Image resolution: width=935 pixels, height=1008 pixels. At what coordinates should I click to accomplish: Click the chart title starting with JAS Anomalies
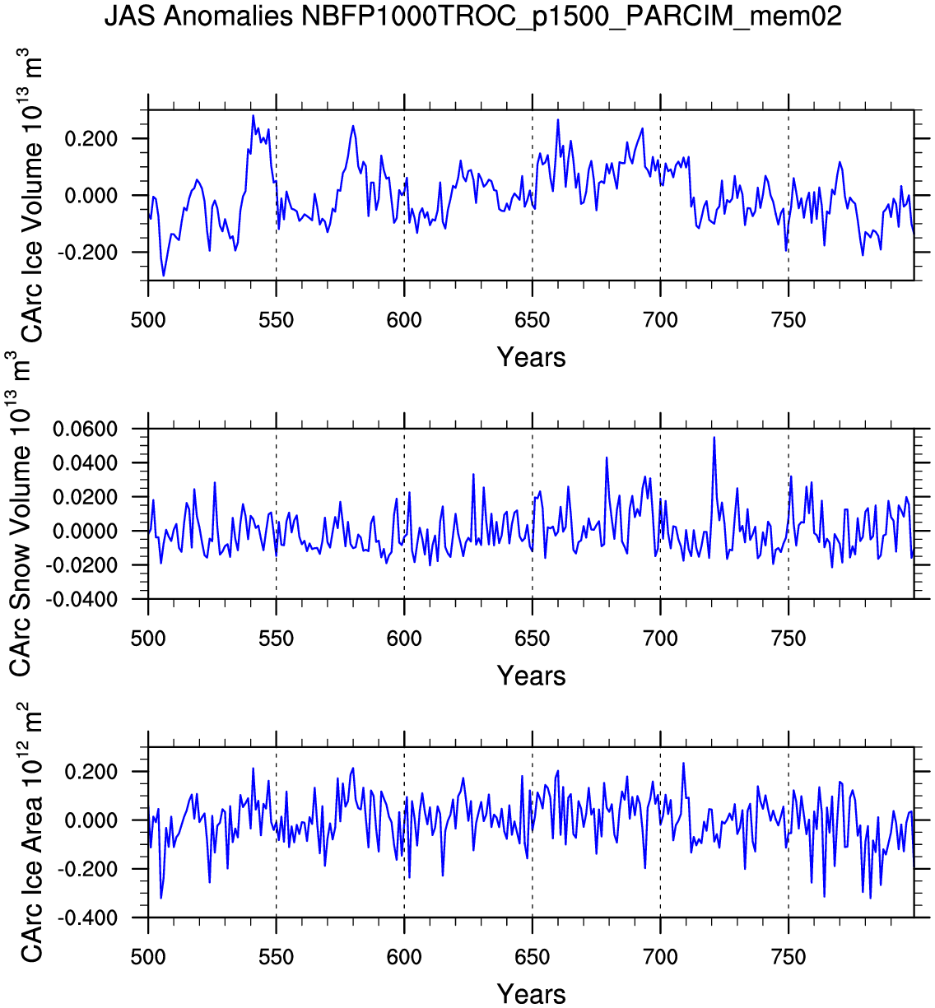(x=473, y=16)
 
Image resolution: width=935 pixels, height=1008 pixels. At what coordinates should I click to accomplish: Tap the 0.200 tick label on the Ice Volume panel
(x=92, y=139)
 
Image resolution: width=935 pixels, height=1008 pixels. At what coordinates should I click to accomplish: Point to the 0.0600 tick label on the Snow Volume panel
(x=86, y=430)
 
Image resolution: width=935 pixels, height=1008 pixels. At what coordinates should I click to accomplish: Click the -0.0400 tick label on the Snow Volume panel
(x=82, y=600)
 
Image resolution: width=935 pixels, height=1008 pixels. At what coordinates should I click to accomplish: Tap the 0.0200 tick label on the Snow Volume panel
(x=86, y=498)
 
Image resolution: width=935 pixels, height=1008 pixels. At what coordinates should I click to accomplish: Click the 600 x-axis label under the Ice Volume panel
(x=404, y=319)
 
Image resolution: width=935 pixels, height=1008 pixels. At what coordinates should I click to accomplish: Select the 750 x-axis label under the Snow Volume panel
(x=788, y=638)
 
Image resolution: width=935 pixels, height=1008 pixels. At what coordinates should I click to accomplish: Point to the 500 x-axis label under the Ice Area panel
(x=148, y=957)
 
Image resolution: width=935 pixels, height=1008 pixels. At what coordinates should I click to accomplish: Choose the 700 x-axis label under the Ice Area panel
(x=660, y=957)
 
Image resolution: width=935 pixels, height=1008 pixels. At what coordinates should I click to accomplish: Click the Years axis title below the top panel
(x=531, y=357)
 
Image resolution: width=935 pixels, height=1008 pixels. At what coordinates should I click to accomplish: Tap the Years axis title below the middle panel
(x=531, y=676)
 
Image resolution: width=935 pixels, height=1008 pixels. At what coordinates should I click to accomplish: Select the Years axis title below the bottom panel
(x=531, y=994)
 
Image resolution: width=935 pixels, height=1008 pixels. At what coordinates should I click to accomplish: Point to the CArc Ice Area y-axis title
(x=31, y=831)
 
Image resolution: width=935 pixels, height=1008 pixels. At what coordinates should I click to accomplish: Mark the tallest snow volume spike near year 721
(x=714, y=437)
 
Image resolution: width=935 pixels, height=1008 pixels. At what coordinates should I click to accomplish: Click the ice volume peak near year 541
(x=254, y=115)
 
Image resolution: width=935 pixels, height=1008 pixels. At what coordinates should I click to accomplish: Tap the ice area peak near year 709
(x=683, y=763)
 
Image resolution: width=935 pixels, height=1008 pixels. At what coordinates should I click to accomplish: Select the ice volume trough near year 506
(x=163, y=275)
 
